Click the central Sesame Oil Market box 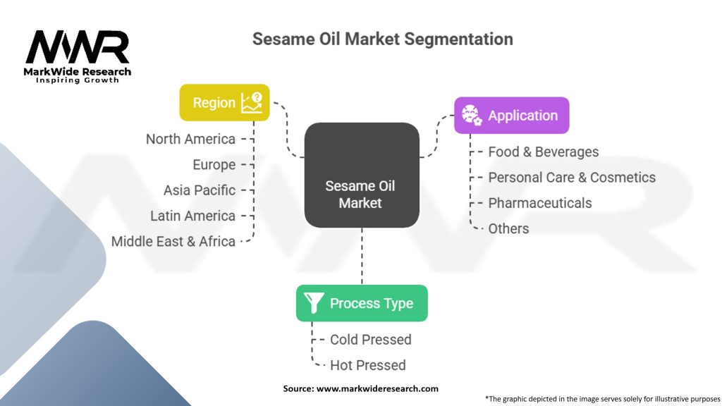[x=362, y=175]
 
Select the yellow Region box [x=224, y=103]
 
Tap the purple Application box [x=512, y=116]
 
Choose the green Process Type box [x=362, y=303]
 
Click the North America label [x=190, y=139]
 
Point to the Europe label [x=214, y=165]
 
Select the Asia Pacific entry [x=200, y=190]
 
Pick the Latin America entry [x=193, y=216]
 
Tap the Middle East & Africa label [x=173, y=241]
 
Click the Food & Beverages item [x=544, y=152]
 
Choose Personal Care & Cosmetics [x=572, y=178]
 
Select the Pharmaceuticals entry [x=539, y=203]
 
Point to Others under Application [x=508, y=229]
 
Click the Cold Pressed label [x=371, y=340]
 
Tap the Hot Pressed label [x=368, y=366]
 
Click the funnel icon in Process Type [x=314, y=303]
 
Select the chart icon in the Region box [x=252, y=103]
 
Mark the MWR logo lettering [x=78, y=47]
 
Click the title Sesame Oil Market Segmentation [x=383, y=39]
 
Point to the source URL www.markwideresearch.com [x=377, y=388]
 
